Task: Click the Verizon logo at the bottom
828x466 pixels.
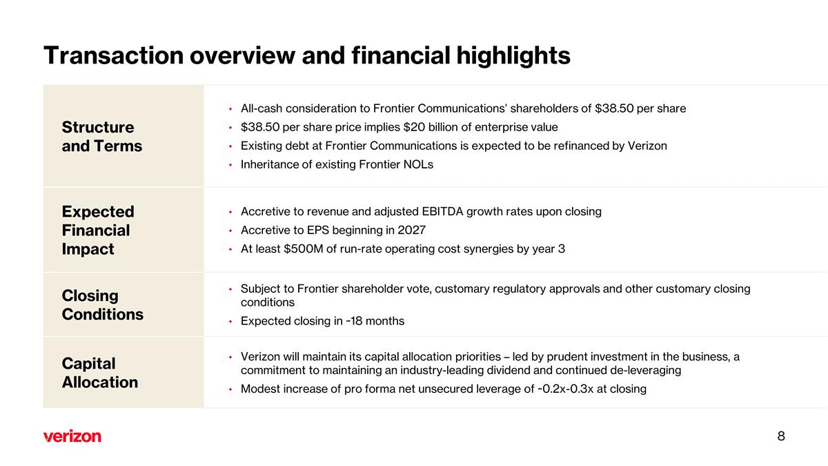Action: [72, 436]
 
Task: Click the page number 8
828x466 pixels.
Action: [781, 436]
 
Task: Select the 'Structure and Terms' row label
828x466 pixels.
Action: [102, 137]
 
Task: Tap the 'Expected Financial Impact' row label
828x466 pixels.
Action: [98, 230]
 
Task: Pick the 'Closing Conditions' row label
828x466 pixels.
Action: [103, 305]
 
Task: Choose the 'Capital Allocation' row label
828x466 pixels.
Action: [100, 373]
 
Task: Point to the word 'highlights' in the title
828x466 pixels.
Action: [513, 56]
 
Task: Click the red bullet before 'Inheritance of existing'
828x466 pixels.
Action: [230, 165]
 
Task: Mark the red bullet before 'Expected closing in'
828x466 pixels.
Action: [230, 322]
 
